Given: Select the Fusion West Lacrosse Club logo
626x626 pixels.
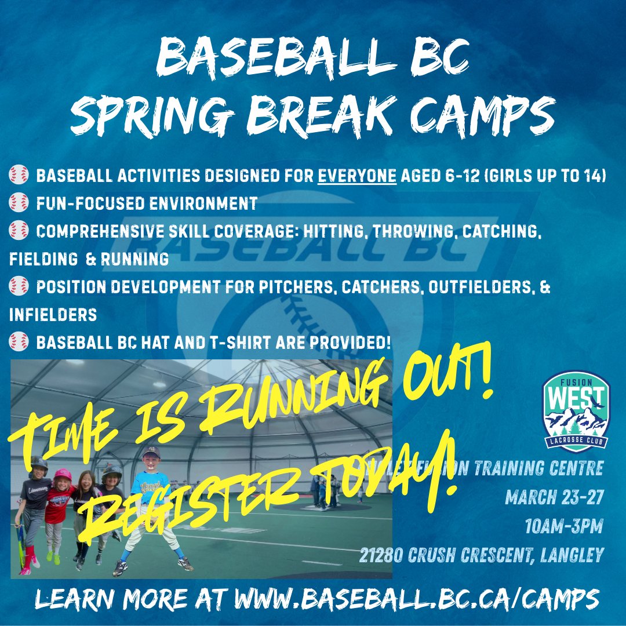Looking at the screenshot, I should [576, 412].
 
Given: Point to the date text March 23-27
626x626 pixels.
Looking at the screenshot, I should [554, 497].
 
